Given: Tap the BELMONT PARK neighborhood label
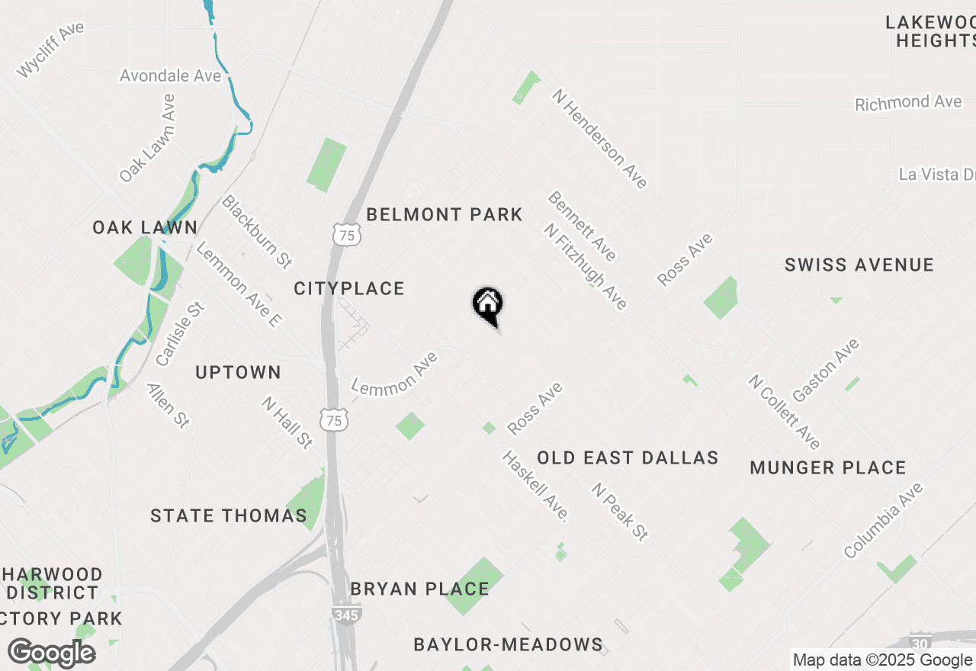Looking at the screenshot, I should coord(444,215).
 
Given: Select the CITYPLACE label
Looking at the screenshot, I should coord(349,288).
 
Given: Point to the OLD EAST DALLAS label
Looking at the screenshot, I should coord(628,457).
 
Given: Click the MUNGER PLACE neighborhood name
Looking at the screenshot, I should coord(828,467).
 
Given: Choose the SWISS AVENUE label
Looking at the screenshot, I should coord(859,265).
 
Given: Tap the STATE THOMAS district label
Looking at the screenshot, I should coord(229,515).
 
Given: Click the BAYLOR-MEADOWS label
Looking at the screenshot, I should coord(508,644).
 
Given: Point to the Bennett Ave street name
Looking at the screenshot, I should coord(582,226).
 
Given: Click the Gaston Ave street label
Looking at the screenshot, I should coord(826,371).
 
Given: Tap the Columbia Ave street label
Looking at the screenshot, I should coord(883,520).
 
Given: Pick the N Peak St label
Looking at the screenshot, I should coord(620,512).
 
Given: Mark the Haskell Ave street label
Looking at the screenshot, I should coord(535,486).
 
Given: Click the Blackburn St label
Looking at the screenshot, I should coord(256,232).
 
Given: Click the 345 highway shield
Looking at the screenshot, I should coord(346,614).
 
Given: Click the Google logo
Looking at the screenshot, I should coord(51,653).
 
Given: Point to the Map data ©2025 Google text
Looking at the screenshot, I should coord(881,660).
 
